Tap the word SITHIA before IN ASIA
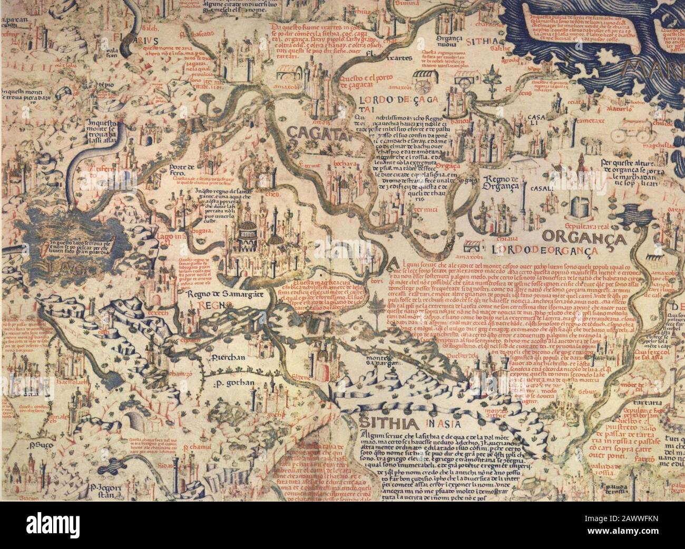tap(382, 423)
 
